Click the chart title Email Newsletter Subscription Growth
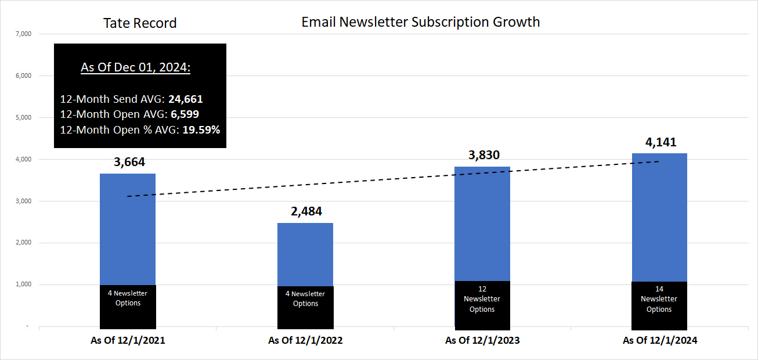point(421,22)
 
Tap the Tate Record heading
point(140,23)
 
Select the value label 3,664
point(129,162)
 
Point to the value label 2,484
point(306,211)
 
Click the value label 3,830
point(483,155)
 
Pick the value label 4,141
point(660,142)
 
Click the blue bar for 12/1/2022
point(305,254)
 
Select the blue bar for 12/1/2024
point(659,218)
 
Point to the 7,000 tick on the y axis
point(24,34)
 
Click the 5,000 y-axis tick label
point(24,118)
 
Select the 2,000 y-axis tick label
point(24,243)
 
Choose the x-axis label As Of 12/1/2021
point(128,341)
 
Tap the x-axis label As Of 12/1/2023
point(482,341)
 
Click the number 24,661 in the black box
point(185,99)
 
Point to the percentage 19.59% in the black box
point(201,129)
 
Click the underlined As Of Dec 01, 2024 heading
point(136,67)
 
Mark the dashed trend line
point(395,179)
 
